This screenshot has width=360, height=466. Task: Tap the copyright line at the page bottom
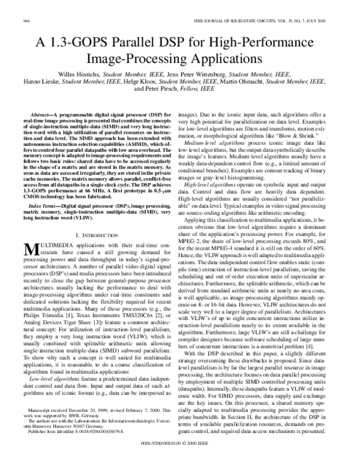pyautogui.click(x=179, y=458)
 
